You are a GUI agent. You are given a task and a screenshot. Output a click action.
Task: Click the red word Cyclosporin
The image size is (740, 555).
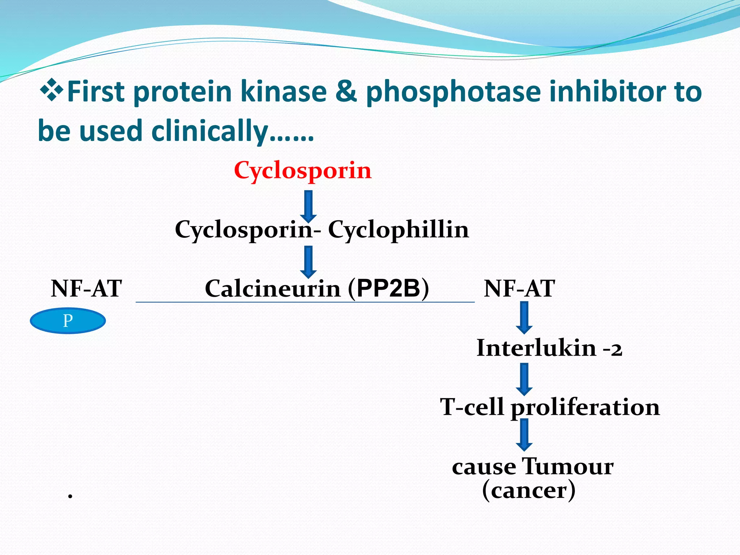(302, 171)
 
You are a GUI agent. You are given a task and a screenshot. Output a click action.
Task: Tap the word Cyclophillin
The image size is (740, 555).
(398, 230)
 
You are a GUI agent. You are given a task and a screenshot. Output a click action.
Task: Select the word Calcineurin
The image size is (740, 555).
(273, 289)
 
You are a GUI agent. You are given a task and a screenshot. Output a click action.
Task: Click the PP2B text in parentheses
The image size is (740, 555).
(388, 288)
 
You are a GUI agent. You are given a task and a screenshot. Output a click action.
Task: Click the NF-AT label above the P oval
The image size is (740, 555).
(86, 289)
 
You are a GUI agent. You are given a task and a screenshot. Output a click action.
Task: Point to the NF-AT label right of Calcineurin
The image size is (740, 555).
(519, 289)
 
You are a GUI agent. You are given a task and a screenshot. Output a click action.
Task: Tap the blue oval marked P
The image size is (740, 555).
(68, 320)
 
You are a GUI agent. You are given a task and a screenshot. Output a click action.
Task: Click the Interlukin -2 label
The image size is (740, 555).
(549, 348)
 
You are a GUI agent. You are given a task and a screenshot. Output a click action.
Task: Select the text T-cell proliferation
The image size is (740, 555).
(550, 407)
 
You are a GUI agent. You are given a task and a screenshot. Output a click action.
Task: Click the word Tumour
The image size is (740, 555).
(568, 466)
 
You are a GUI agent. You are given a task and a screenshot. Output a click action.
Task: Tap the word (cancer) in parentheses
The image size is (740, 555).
(529, 490)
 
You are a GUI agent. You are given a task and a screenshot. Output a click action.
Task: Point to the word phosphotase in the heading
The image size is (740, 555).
(453, 92)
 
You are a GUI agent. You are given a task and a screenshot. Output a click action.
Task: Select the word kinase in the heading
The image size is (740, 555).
(284, 91)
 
